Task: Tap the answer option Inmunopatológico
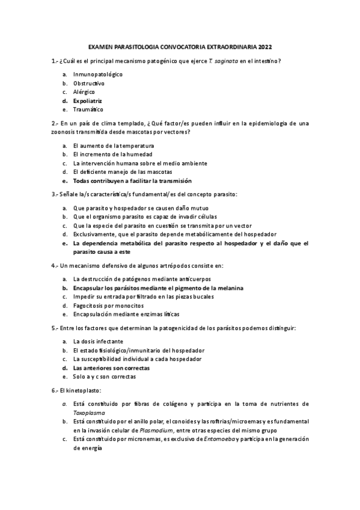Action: click(x=97, y=74)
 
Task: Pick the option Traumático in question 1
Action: click(x=88, y=110)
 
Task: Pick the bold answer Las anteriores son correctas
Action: click(x=111, y=367)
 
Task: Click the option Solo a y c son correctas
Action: click(x=104, y=376)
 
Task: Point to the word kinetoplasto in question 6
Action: click(x=79, y=390)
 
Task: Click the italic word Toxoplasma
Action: click(x=89, y=413)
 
